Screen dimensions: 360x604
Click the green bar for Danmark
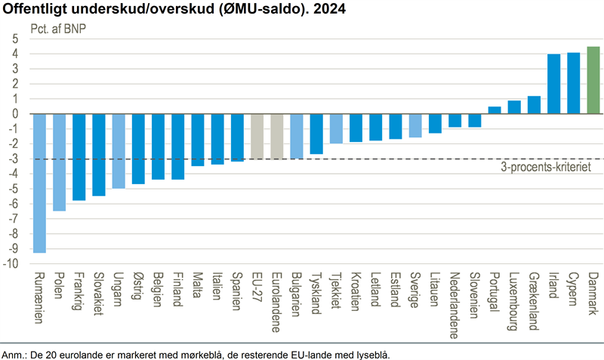click(593, 80)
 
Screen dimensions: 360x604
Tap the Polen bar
click(59, 162)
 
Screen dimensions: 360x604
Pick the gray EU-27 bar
click(257, 137)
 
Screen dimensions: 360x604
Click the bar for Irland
click(553, 84)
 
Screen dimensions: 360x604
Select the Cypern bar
click(573, 83)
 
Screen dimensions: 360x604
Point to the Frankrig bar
click(79, 157)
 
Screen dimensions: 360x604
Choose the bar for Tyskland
click(316, 134)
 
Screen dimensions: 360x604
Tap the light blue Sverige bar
click(415, 126)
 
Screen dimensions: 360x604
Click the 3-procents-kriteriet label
click(546, 167)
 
